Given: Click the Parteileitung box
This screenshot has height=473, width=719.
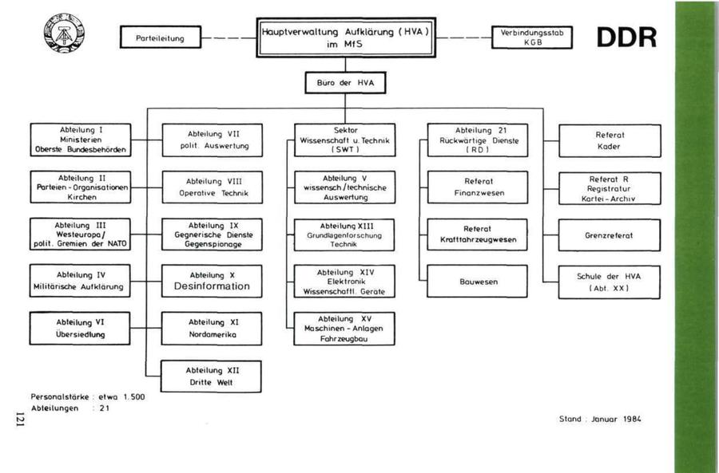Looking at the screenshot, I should (x=161, y=37).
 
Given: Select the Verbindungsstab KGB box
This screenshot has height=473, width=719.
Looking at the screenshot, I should (x=532, y=37).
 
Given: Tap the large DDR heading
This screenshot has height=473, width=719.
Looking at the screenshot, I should (x=626, y=37).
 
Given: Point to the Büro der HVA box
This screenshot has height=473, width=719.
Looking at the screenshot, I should (x=345, y=82).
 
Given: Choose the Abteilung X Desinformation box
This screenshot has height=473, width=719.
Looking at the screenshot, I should (x=213, y=281).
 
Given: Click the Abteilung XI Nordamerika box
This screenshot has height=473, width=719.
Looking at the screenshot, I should (x=213, y=328).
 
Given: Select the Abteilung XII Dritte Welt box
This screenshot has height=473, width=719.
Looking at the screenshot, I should (x=213, y=376).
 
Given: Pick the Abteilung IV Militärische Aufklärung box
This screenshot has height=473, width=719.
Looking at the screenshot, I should (x=78, y=281).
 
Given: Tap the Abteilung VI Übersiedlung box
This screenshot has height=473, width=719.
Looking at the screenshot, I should (x=78, y=328).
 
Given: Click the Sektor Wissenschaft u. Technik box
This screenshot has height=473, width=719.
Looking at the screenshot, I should (x=346, y=140).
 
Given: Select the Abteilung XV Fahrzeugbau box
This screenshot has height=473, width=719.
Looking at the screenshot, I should (x=346, y=329).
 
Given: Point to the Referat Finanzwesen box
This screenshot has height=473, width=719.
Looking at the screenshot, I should (x=478, y=187).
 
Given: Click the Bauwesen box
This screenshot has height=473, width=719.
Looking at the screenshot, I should (x=478, y=282).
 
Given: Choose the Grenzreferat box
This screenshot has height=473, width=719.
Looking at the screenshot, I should (x=610, y=235).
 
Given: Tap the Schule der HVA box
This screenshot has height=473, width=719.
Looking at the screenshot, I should (x=610, y=282).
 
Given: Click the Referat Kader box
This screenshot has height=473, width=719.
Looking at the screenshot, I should (x=610, y=140).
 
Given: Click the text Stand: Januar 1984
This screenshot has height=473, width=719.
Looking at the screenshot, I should (x=600, y=419).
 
